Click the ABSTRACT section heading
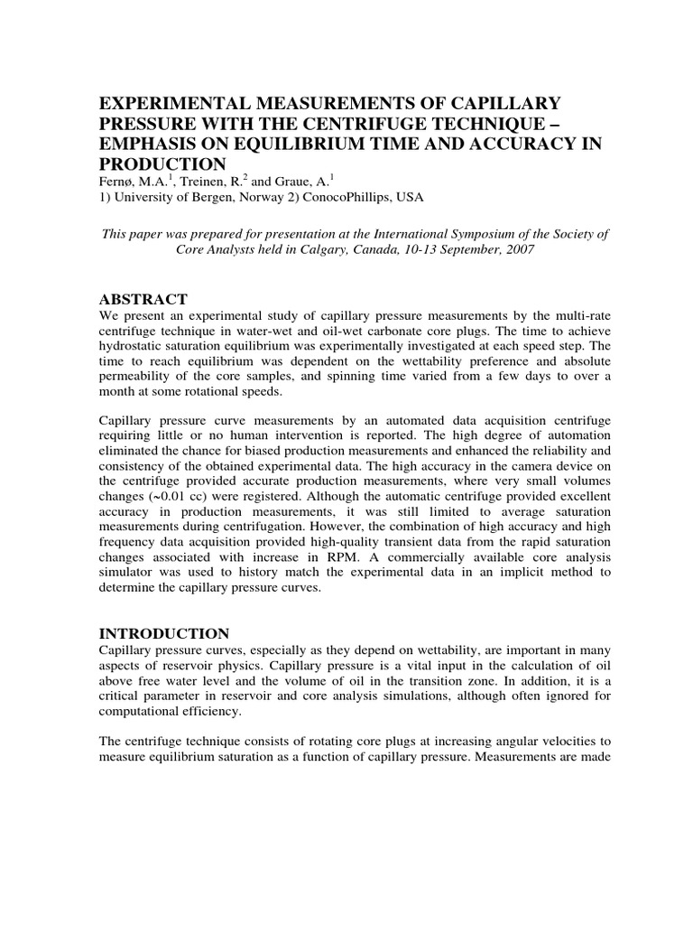point(143,299)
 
